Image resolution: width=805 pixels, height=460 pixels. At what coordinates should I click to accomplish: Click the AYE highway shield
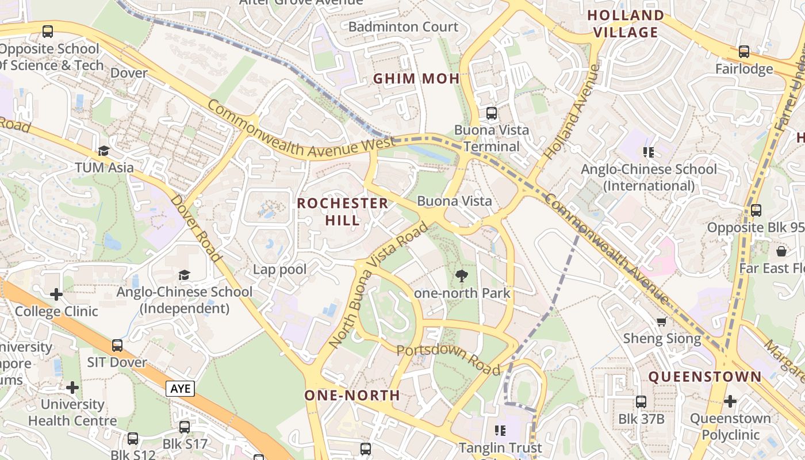pyautogui.click(x=181, y=389)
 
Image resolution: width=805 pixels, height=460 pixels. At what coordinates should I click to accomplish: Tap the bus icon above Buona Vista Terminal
pyautogui.click(x=491, y=113)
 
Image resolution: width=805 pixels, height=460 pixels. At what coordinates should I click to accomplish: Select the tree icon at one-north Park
pyautogui.click(x=461, y=276)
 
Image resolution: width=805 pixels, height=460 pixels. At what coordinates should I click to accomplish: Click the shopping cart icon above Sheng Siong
pyautogui.click(x=662, y=321)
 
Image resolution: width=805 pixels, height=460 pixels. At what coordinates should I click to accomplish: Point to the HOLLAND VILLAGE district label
pyautogui.click(x=626, y=24)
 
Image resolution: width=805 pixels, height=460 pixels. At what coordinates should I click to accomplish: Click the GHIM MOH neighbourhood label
pyautogui.click(x=416, y=79)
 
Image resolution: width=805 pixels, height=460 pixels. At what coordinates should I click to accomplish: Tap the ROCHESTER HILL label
pyautogui.click(x=343, y=211)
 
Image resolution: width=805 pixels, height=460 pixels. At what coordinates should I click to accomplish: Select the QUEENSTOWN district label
pyautogui.click(x=705, y=377)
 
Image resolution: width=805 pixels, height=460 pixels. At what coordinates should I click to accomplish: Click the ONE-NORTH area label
pyautogui.click(x=352, y=395)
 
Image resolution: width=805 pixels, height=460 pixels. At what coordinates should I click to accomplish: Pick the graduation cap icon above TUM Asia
pyautogui.click(x=103, y=151)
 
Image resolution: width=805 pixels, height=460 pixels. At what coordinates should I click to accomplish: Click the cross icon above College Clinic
pyautogui.click(x=56, y=294)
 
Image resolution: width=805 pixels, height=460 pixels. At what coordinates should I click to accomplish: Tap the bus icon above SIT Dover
pyautogui.click(x=117, y=346)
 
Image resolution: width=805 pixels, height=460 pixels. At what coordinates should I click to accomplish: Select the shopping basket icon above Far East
pyautogui.click(x=781, y=251)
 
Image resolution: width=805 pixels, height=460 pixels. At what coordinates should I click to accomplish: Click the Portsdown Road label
pyautogui.click(x=448, y=359)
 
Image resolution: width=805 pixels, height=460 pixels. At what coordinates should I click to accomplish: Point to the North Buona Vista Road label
pyautogui.click(x=380, y=285)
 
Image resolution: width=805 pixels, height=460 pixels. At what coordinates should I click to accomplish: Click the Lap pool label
pyautogui.click(x=279, y=269)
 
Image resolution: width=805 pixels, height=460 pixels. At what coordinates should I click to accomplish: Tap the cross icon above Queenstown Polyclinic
pyautogui.click(x=730, y=401)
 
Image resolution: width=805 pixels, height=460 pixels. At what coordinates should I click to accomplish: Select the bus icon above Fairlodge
pyautogui.click(x=744, y=52)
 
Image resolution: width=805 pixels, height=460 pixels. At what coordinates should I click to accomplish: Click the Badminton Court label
pyautogui.click(x=404, y=26)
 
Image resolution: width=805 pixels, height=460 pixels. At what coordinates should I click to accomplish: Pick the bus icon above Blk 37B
pyautogui.click(x=641, y=402)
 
